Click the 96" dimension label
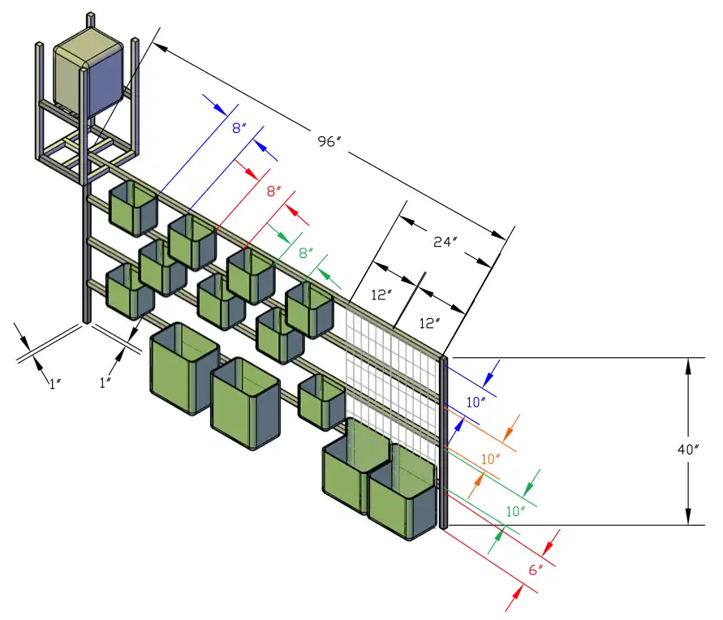(329, 141)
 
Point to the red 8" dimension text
(273, 192)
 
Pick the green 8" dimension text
(305, 252)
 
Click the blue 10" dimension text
(476, 401)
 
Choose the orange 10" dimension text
(491, 459)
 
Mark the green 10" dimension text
(515, 511)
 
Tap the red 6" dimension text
(535, 570)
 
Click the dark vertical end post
(443, 442)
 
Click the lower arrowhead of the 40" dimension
(688, 517)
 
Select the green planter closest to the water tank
(133, 207)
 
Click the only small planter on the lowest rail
(322, 401)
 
